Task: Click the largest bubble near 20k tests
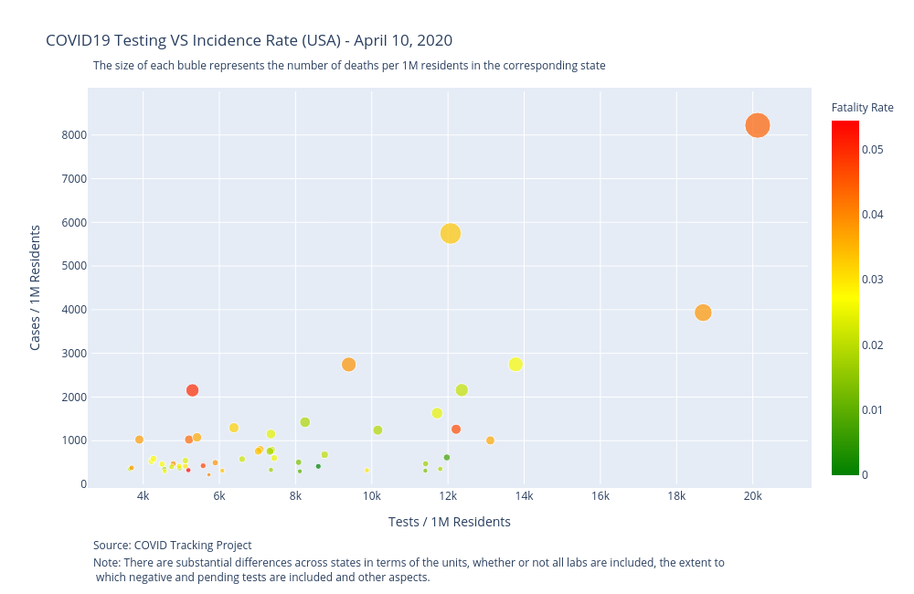(x=757, y=126)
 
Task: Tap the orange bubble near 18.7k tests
(x=703, y=313)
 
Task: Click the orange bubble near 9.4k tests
(x=348, y=365)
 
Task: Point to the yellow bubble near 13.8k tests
(x=515, y=365)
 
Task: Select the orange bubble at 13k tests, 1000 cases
(x=490, y=440)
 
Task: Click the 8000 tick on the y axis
(x=73, y=135)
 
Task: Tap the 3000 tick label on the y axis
(x=73, y=354)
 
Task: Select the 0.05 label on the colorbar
(x=871, y=149)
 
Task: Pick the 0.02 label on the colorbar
(x=871, y=345)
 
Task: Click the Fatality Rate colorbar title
(x=862, y=108)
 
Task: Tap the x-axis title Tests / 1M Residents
(x=449, y=522)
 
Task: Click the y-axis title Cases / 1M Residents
(x=36, y=287)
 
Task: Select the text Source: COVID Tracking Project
(x=172, y=546)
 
